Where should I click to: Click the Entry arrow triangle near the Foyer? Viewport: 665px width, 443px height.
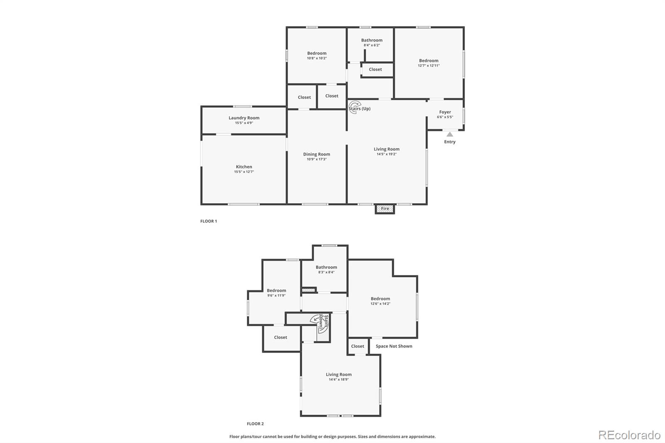[x=450, y=134]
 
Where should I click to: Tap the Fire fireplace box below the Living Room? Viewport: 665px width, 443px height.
[x=385, y=209]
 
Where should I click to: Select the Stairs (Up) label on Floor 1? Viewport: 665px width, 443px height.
[x=360, y=108]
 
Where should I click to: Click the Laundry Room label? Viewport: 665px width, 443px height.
[x=244, y=118]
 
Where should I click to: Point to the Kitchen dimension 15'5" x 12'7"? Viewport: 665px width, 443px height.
[x=244, y=172]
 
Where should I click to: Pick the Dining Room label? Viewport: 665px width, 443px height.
[x=316, y=154]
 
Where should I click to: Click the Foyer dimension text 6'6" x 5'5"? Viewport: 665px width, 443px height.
[x=445, y=117]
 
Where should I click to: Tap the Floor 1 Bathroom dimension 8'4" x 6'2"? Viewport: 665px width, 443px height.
[x=372, y=45]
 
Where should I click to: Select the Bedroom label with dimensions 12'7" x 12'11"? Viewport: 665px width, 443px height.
[x=429, y=61]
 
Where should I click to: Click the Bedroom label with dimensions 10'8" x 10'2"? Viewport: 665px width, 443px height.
[x=317, y=53]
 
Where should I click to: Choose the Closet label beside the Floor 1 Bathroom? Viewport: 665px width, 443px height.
[x=375, y=69]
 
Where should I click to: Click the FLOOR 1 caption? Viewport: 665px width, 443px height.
[x=209, y=221]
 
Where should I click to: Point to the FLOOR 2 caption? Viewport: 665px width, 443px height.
[x=255, y=424]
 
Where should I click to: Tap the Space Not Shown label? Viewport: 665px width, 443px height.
[x=394, y=346]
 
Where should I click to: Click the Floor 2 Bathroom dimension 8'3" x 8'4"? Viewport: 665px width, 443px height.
[x=326, y=272]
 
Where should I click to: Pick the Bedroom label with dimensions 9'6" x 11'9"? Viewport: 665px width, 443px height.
[x=276, y=290]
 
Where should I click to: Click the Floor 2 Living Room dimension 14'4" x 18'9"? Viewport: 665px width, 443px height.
[x=339, y=379]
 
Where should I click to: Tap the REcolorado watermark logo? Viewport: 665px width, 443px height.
[x=629, y=435]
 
